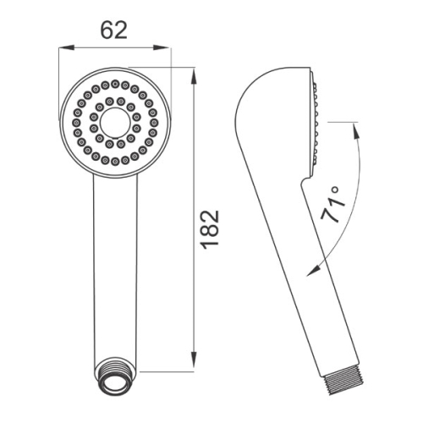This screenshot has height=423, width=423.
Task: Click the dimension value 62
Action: point(114,30)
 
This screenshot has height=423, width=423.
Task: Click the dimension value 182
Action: point(211,229)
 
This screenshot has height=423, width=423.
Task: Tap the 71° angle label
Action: point(333,204)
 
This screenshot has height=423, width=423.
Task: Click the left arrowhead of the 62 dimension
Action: point(66,47)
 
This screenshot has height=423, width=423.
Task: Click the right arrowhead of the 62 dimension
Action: point(162,47)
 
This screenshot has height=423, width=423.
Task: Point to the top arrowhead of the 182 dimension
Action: point(194,75)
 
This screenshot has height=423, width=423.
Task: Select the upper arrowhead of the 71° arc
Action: point(355,131)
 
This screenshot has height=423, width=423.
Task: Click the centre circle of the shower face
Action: point(115,123)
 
